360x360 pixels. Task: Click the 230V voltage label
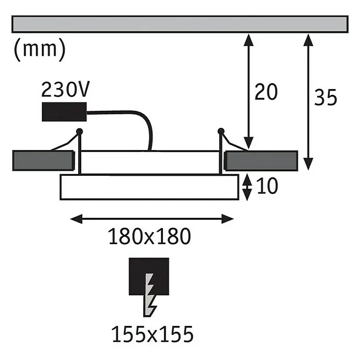pyautogui.click(x=65, y=89)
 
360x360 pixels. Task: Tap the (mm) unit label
pyautogui.click(x=40, y=49)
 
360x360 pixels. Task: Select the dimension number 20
pyautogui.click(x=266, y=92)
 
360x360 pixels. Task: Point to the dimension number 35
pyautogui.click(x=325, y=97)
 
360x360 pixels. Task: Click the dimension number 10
pyautogui.click(x=267, y=186)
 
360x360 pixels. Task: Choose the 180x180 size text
pyautogui.click(x=149, y=236)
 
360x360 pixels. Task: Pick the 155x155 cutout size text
pyautogui.click(x=152, y=334)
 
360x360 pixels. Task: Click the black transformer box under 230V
pyautogui.click(x=64, y=112)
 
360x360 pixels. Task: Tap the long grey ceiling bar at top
pyautogui.click(x=180, y=24)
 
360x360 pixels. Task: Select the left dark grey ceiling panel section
pyautogui.click(x=43, y=161)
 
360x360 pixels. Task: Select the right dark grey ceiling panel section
pyautogui.click(x=261, y=161)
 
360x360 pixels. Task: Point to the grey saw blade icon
pyautogui.click(x=149, y=295)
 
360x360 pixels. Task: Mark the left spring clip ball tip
pyautogui.click(x=80, y=131)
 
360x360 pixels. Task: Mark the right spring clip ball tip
pyautogui.click(x=221, y=131)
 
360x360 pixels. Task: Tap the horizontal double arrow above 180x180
pyautogui.click(x=152, y=219)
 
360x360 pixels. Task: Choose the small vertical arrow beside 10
pyautogui.click(x=247, y=187)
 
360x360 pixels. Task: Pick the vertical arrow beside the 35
pyautogui.click(x=308, y=102)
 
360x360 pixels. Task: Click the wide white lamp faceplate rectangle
pyautogui.click(x=149, y=187)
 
